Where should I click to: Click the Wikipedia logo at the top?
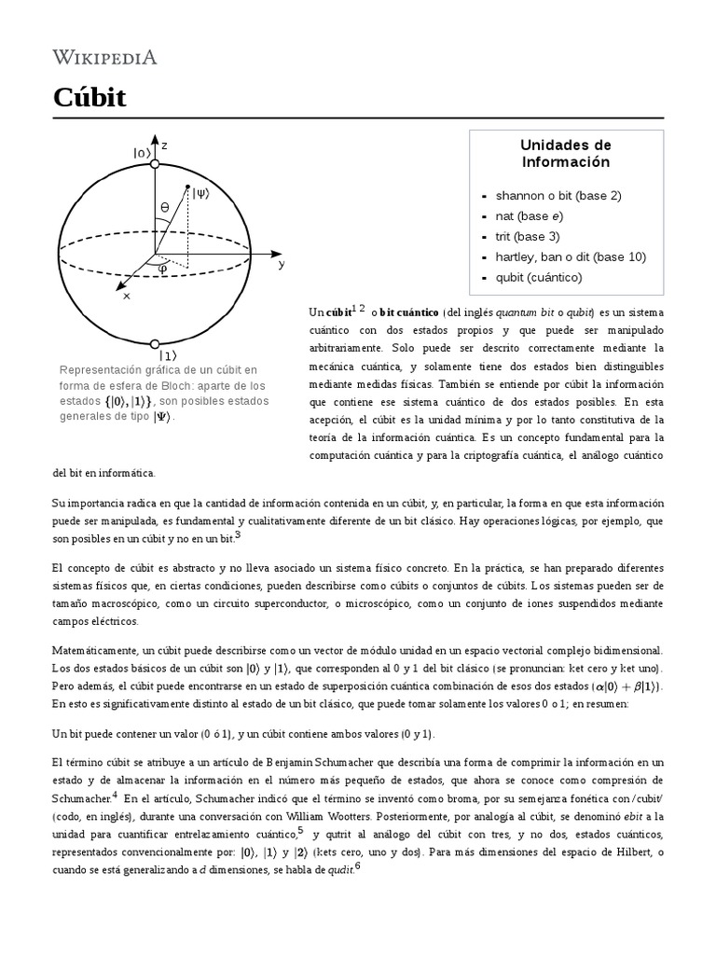point(104,58)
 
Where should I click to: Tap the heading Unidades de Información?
point(565,154)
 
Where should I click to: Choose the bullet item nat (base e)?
point(529,216)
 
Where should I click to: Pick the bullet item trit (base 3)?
point(528,237)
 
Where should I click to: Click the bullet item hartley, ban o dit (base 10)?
point(571,256)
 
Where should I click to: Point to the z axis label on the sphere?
point(165,145)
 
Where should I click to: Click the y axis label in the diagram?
point(281,264)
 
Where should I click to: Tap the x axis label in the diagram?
point(126,296)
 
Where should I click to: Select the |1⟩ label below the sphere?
point(168,355)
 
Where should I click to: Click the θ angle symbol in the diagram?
point(165,207)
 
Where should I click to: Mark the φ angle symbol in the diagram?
point(162,269)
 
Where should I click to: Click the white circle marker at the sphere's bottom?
point(156,342)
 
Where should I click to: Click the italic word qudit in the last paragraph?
point(337,870)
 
